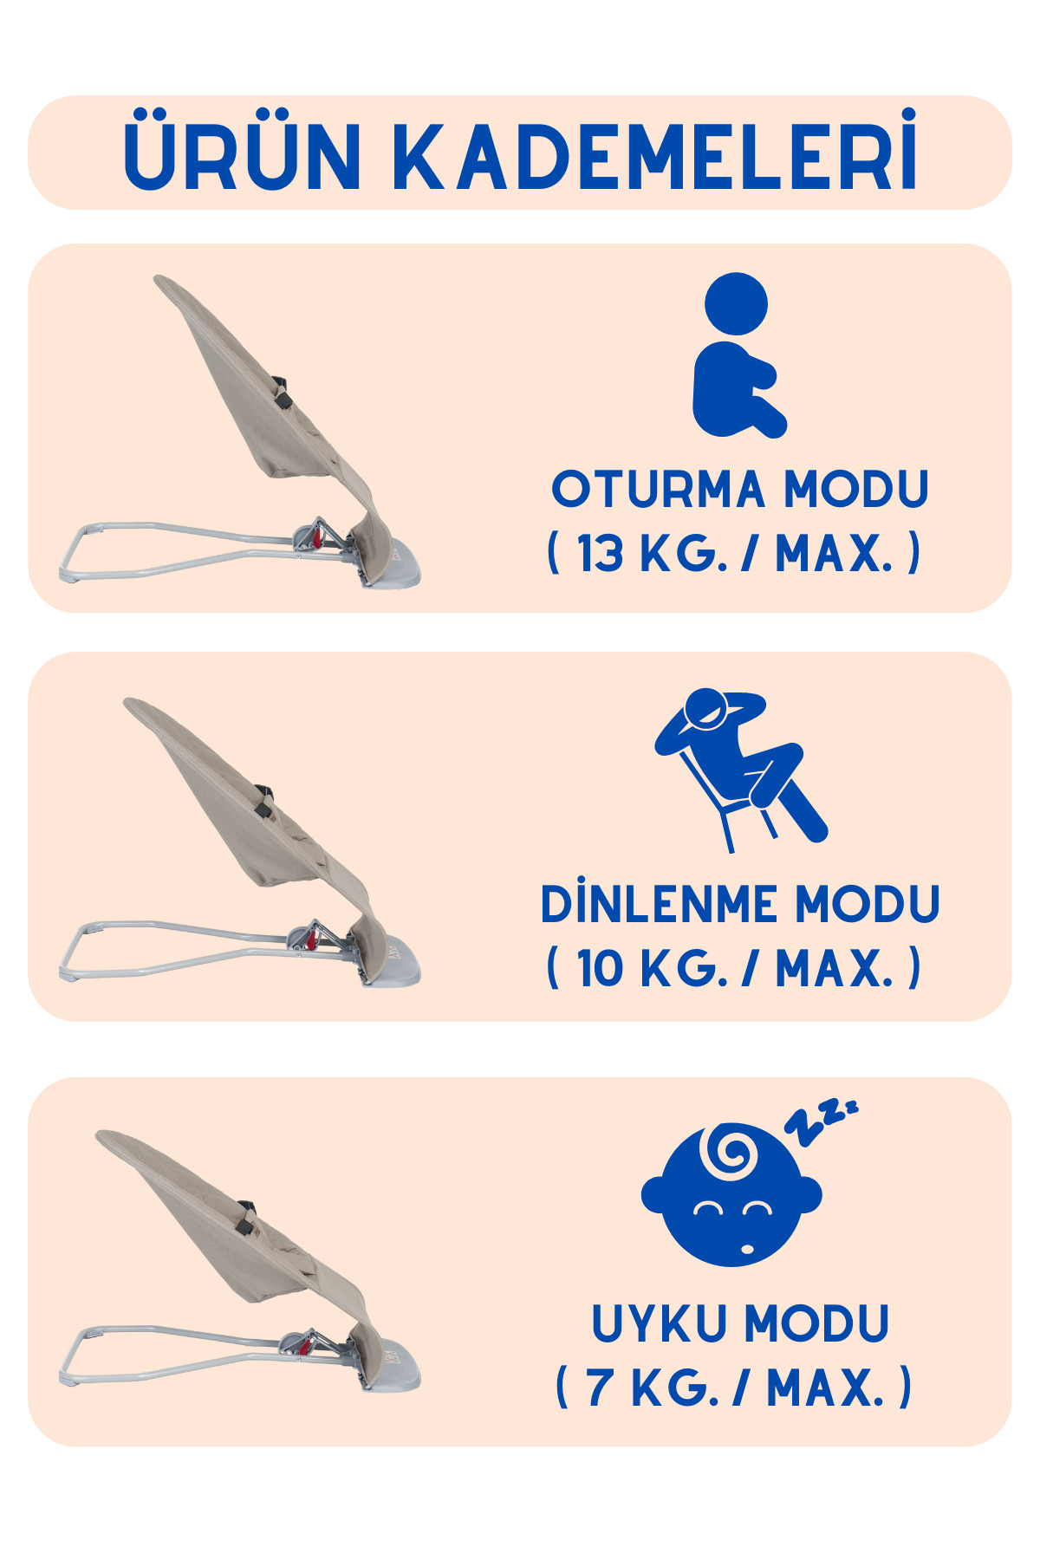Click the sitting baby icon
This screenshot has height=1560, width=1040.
pyautogui.click(x=739, y=355)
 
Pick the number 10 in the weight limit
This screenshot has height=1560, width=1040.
pyautogui.click(x=600, y=968)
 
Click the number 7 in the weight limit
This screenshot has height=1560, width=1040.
pyautogui.click(x=599, y=1388)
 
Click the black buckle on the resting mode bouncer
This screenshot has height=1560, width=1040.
pyautogui.click(x=263, y=801)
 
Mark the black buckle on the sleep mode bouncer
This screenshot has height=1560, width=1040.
pyautogui.click(x=246, y=1217)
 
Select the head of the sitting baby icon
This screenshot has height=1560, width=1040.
pyautogui.click(x=736, y=303)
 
